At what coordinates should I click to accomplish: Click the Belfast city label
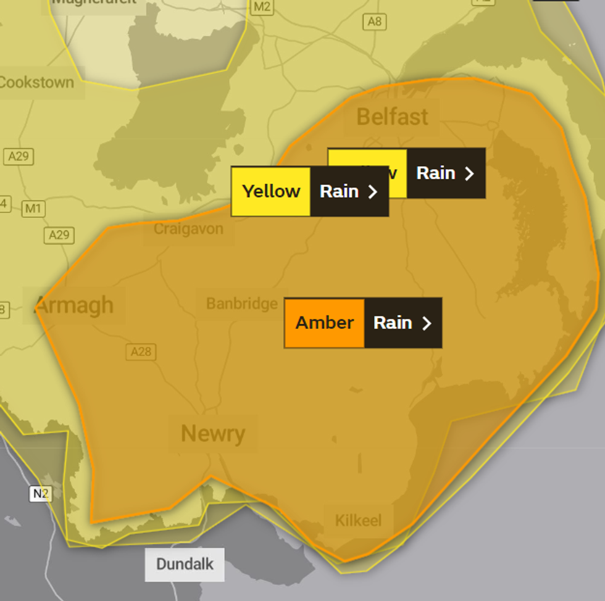[392, 117]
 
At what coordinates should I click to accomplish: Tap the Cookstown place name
[36, 82]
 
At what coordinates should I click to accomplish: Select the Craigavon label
[188, 229]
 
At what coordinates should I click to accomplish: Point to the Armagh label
[74, 305]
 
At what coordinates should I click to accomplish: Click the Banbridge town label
[242, 304]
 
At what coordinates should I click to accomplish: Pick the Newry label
[213, 434]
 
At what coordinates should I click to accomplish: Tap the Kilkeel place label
[358, 520]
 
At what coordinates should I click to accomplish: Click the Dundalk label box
[185, 564]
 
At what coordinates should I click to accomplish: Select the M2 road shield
[262, 7]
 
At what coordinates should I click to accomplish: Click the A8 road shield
[375, 22]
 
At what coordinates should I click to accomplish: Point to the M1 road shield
[33, 209]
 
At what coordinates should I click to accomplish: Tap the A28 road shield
[141, 352]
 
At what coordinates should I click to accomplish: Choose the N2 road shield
[40, 494]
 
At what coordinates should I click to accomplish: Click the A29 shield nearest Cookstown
[18, 156]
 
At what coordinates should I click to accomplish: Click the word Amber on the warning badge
[324, 323]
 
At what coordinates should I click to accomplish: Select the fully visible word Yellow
[271, 191]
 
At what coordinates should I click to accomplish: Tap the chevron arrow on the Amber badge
[427, 323]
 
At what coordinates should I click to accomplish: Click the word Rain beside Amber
[393, 323]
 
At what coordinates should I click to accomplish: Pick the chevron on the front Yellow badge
[373, 192]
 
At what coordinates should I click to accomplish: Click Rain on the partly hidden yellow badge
[436, 173]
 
